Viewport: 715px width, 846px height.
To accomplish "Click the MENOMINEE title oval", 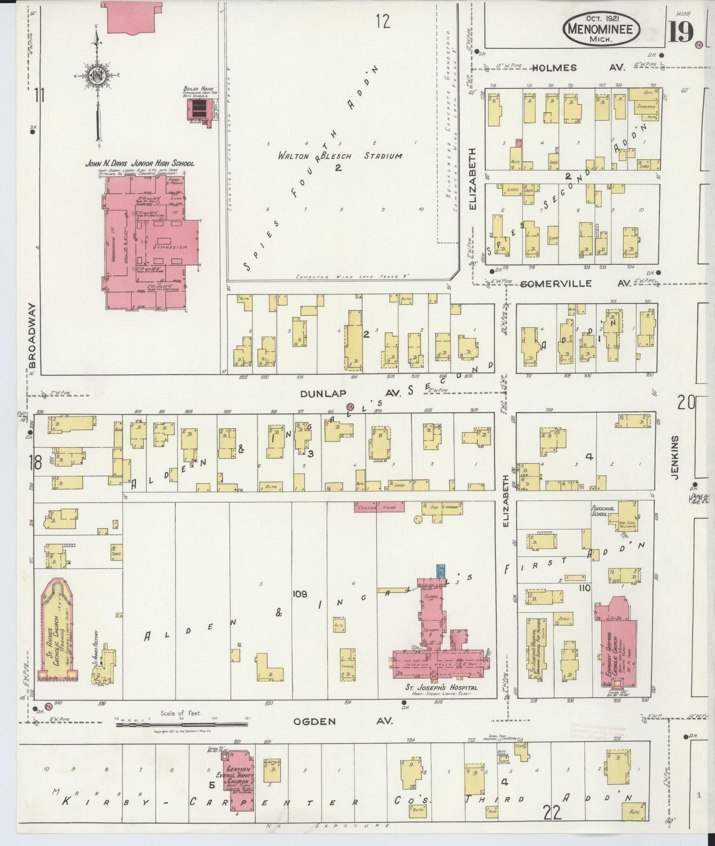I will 601,30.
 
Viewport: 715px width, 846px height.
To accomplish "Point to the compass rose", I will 96,77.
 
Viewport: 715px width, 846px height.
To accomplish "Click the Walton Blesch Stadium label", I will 339,156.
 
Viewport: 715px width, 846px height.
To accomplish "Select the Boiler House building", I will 199,109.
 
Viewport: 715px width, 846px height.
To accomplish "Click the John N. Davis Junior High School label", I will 140,163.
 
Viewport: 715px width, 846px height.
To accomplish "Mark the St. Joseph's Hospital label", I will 441,688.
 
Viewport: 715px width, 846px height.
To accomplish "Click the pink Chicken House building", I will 379,507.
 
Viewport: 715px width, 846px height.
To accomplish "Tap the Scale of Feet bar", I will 183,725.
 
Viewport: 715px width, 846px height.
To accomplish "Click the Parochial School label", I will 603,511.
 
